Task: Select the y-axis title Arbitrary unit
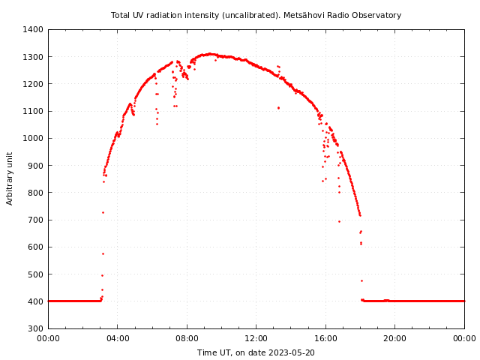point(10,178)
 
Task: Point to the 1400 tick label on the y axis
point(33,30)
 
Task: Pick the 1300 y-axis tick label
point(33,57)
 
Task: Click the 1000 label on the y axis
point(33,139)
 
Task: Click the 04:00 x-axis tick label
point(118,338)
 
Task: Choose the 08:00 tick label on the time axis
point(187,338)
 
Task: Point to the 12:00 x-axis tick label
point(256,338)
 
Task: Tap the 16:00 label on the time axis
point(325,338)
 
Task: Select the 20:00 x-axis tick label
point(395,338)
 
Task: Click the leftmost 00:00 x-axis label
point(48,338)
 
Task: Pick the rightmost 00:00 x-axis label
point(464,338)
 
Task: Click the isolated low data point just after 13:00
point(278,107)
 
